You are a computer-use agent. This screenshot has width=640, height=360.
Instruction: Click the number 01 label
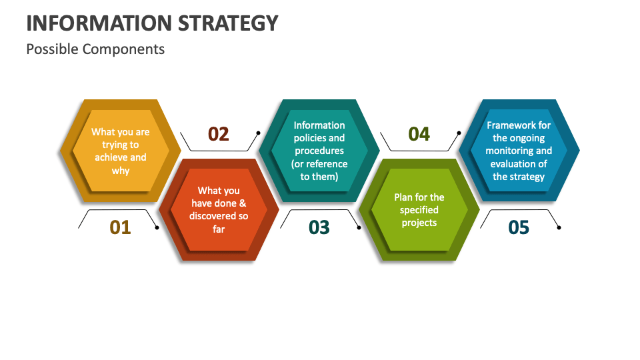[x=121, y=227]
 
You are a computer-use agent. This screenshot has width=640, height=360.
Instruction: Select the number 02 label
[x=219, y=134]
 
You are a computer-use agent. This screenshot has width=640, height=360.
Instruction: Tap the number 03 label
[x=319, y=227]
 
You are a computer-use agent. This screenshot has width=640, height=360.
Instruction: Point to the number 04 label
[x=419, y=134]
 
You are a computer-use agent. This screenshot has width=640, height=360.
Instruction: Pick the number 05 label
[x=519, y=227]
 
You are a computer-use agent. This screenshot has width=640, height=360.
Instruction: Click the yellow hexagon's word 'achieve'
[x=110, y=157]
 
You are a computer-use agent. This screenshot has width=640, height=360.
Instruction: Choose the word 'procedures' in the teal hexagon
[x=319, y=151]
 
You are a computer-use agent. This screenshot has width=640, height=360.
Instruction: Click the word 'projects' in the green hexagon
[x=419, y=223]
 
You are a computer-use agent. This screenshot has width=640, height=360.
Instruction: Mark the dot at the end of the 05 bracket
[x=559, y=228]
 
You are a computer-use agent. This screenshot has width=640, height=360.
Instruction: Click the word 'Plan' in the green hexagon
[x=404, y=197]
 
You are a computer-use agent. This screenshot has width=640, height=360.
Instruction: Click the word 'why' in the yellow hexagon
[x=121, y=170]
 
